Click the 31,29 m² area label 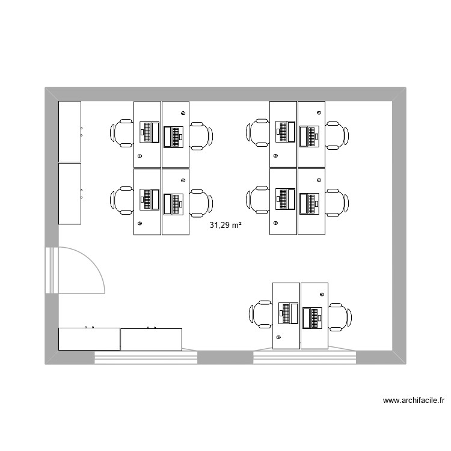pyautogui.click(x=226, y=226)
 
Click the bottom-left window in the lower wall pyautogui.click(x=146, y=357)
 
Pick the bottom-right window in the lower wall pyautogui.click(x=305, y=357)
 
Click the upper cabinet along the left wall pyautogui.click(x=69, y=132)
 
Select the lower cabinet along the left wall pyautogui.click(x=69, y=194)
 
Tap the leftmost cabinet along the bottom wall pyautogui.click(x=89, y=339)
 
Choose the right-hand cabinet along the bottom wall pyautogui.click(x=151, y=340)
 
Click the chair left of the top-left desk pyautogui.click(x=122, y=133)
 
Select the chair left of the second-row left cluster pyautogui.click(x=122, y=200)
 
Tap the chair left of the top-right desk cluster pyautogui.click(x=258, y=133)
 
